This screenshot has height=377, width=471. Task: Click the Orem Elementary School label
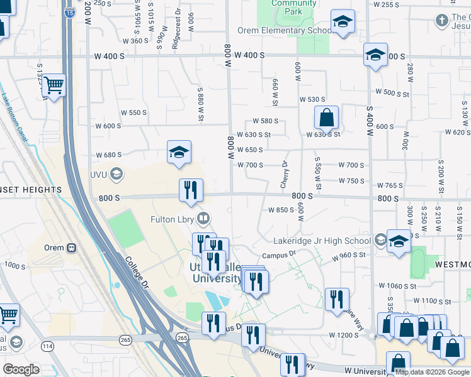coord(285,30)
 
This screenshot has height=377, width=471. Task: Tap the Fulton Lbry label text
coord(173,219)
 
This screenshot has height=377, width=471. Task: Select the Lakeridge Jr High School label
coord(322,241)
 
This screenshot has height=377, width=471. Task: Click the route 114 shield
coord(47,346)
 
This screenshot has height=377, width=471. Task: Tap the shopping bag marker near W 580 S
coord(327,117)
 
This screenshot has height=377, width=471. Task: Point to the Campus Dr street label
coord(279,255)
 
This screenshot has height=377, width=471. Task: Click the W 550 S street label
coord(133,112)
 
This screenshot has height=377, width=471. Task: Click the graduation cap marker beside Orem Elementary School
coord(343,23)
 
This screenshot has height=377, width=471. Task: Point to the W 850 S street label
coord(281,210)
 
